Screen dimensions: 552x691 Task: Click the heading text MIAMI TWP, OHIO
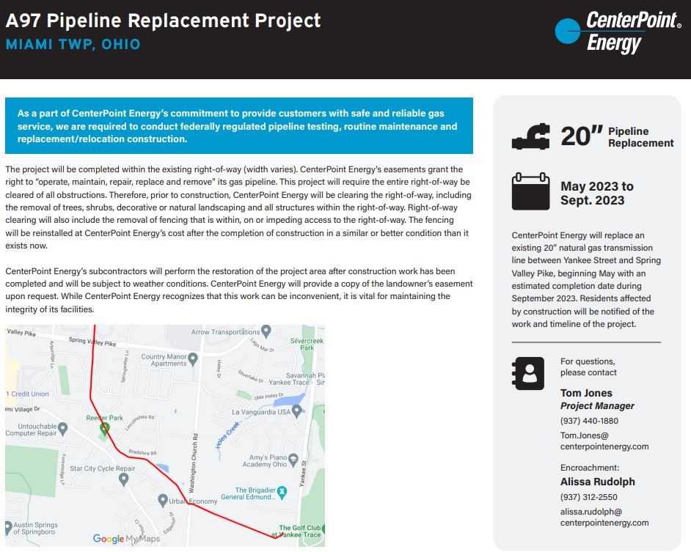73,44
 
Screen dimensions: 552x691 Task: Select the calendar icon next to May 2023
530,191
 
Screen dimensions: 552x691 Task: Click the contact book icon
528,373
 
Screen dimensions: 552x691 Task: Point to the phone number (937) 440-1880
589,421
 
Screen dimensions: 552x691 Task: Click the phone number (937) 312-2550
589,496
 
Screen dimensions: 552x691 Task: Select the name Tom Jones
586,393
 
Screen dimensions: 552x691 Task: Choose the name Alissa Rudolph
597,482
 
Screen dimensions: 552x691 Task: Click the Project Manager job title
597,405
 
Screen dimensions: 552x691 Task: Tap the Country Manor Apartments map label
164,360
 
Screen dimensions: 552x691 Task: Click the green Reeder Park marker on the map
105,427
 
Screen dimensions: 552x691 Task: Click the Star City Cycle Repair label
103,468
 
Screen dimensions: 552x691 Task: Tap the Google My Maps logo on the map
125,539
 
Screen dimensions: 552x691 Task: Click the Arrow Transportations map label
225,332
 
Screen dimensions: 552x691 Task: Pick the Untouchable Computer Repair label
32,430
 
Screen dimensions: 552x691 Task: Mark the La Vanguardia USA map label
261,412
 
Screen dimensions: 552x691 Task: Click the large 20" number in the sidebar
581,136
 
